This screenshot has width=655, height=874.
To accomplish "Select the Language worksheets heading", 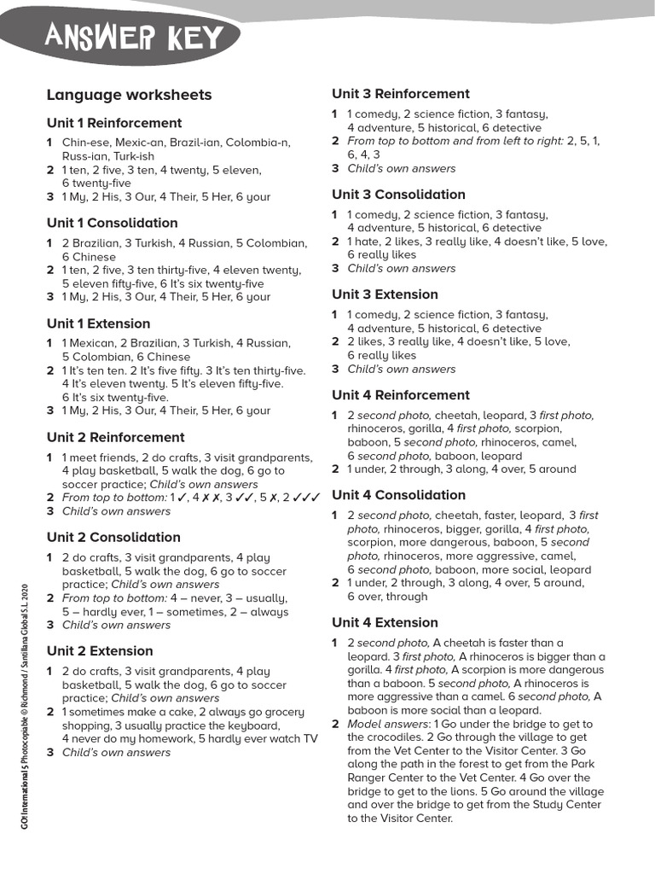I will coord(129,95).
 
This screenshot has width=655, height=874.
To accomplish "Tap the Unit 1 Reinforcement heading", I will coord(114,123).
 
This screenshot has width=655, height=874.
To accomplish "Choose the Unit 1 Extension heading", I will coord(98,323).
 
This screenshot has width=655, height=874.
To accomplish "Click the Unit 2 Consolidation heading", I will coord(113,537).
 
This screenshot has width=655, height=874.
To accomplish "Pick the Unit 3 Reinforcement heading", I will coord(401,94).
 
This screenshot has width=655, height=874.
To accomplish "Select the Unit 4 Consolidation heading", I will coord(398,495).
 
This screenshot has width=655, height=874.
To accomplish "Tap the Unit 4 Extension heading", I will coord(385,622).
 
